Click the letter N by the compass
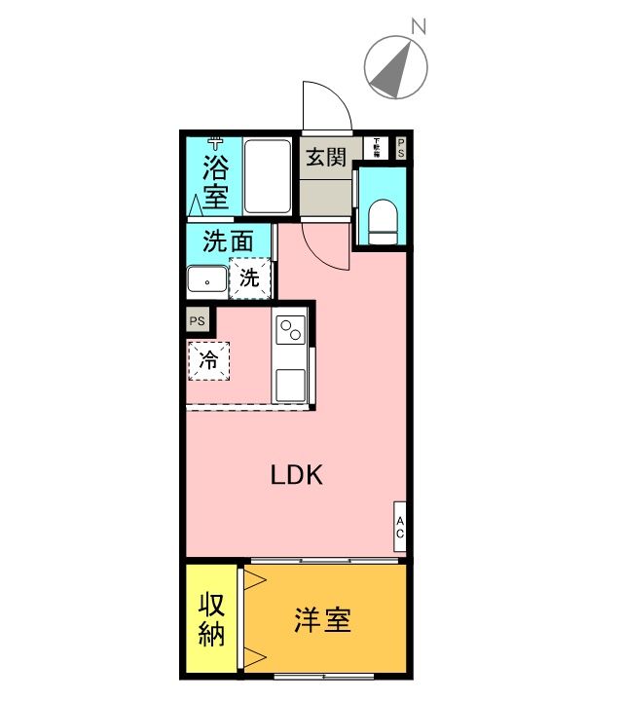pyautogui.click(x=419, y=27)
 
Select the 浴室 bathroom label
pyautogui.click(x=215, y=181)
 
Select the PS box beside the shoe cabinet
pyautogui.click(x=400, y=148)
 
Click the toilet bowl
pyautogui.click(x=384, y=221)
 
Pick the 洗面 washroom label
pyautogui.click(x=229, y=240)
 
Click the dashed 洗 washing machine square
pyautogui.click(x=249, y=277)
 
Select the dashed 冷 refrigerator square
pyautogui.click(x=208, y=360)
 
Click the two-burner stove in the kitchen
pyautogui.click(x=291, y=331)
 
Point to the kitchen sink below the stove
pyautogui.click(x=291, y=386)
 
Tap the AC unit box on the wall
pyautogui.click(x=399, y=527)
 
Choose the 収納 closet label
pyautogui.click(x=212, y=619)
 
